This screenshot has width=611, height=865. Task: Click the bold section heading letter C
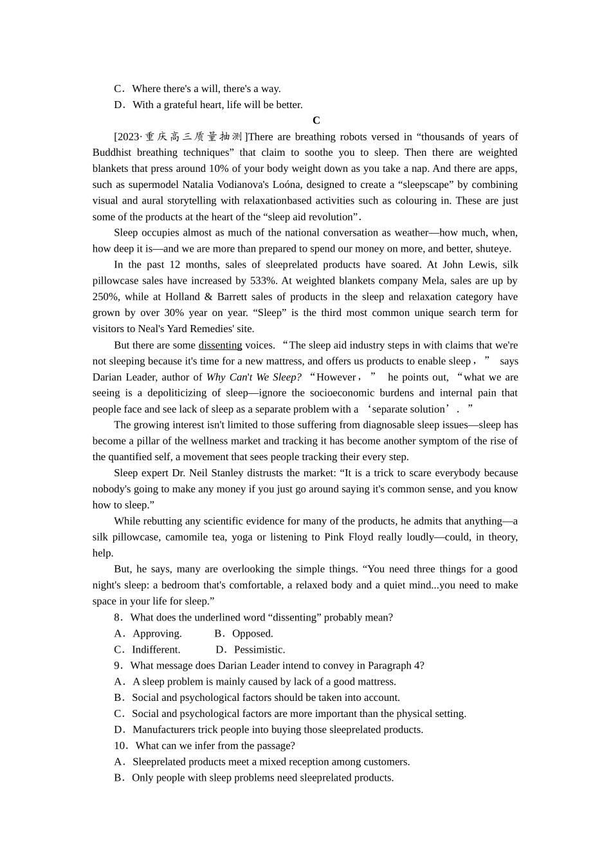[x=316, y=120]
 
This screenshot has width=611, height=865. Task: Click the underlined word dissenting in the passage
[x=220, y=345]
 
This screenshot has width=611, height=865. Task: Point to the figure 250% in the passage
[x=105, y=297]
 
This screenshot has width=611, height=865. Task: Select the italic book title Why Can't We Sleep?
[x=253, y=377]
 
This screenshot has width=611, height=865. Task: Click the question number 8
[x=118, y=617]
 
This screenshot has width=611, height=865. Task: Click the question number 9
[x=118, y=665]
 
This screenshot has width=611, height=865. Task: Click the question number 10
[x=120, y=745]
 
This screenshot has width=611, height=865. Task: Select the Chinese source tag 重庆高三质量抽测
[x=193, y=136]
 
